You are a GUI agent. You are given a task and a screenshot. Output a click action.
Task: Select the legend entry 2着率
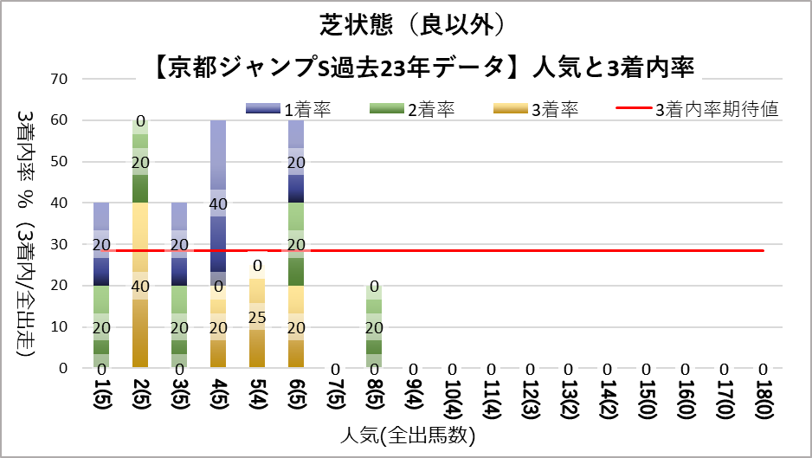[x=432, y=109]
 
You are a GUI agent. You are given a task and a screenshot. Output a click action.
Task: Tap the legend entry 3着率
[x=555, y=109]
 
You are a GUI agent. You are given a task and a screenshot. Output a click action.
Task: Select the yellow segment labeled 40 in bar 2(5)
[x=140, y=286]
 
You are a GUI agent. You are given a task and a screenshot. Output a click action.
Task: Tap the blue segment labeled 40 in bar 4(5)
[x=218, y=203]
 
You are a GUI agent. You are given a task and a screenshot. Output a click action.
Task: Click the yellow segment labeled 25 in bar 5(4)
[x=257, y=317]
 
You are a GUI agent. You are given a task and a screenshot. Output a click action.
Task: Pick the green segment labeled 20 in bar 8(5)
[x=374, y=327]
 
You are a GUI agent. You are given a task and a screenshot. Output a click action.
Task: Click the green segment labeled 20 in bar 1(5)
[x=101, y=327]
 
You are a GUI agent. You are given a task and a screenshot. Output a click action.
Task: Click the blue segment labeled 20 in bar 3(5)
[x=179, y=245]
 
